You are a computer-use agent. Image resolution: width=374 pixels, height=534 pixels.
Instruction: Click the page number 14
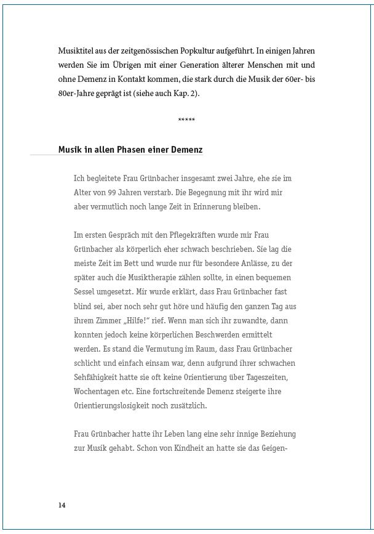[62, 505]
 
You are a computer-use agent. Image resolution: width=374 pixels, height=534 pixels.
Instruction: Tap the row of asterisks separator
[186, 119]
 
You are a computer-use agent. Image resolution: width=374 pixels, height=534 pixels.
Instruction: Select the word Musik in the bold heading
[70, 150]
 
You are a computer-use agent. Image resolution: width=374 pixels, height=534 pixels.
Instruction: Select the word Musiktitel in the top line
[74, 51]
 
